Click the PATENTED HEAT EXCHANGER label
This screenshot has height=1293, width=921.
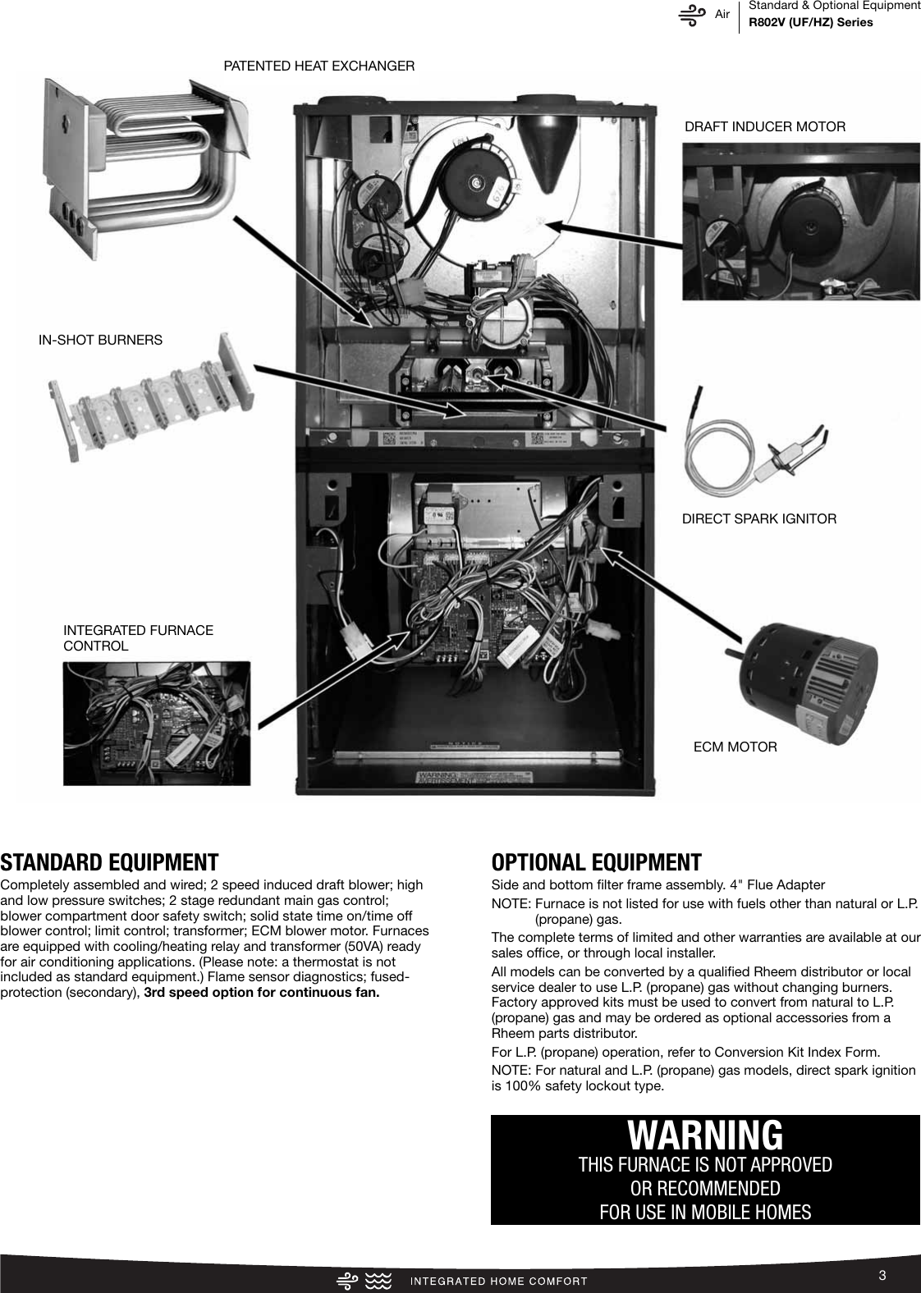319,66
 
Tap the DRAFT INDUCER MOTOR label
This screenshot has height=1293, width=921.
764,126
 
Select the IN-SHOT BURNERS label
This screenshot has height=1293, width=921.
100,340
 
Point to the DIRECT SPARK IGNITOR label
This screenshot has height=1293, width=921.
759,519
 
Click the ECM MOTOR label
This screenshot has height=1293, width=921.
735,747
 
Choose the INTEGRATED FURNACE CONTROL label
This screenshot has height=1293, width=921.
138,638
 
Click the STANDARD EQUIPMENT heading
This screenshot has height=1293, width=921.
109,862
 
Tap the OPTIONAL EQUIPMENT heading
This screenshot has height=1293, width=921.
596,862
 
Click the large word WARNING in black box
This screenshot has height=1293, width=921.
705,1135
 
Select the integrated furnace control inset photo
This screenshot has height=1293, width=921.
157,723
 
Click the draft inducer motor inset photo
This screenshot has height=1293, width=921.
800,222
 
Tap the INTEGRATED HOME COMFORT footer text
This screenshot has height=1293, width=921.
497,1281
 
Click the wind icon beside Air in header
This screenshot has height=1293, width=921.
693,16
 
